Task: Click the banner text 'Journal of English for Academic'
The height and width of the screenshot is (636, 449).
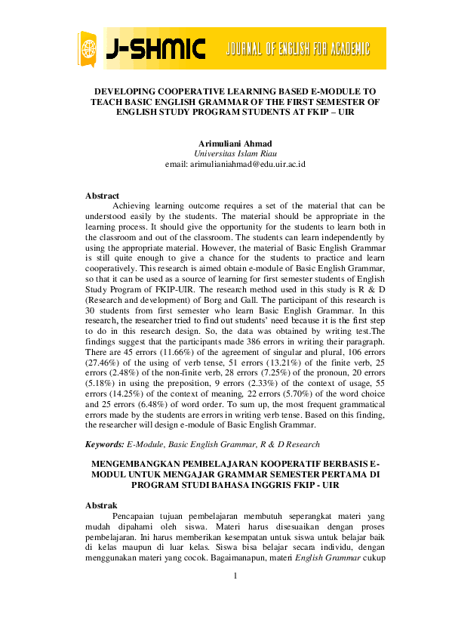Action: pyautogui.click(x=297, y=50)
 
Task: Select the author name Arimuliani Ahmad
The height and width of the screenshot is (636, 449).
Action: pyautogui.click(x=235, y=143)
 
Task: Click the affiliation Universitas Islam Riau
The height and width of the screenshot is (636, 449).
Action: pyautogui.click(x=235, y=153)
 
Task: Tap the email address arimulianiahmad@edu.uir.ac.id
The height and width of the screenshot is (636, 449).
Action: pyautogui.click(x=235, y=163)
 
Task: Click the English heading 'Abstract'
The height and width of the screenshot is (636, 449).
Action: pyautogui.click(x=102, y=196)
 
